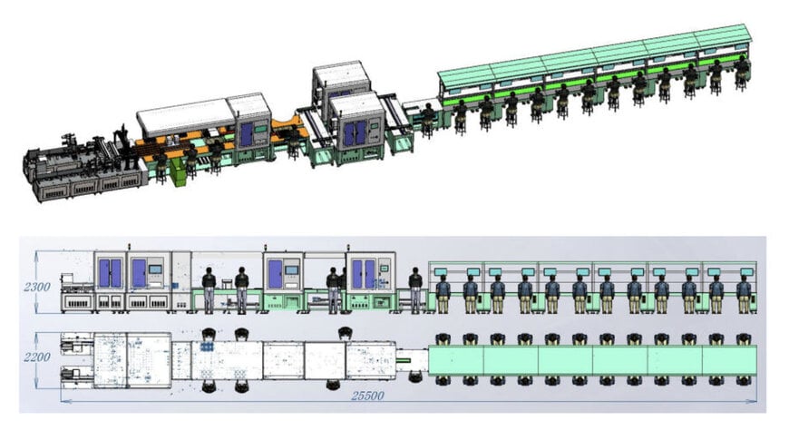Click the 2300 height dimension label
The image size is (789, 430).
tap(37, 287)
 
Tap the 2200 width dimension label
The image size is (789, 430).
tap(37, 357)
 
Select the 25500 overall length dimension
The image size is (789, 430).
tap(367, 396)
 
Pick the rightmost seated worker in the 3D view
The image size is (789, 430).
tap(741, 73)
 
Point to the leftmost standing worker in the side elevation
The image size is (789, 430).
tap(209, 290)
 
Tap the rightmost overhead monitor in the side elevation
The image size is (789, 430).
tap(746, 272)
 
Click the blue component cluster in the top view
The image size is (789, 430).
tap(207, 347)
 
